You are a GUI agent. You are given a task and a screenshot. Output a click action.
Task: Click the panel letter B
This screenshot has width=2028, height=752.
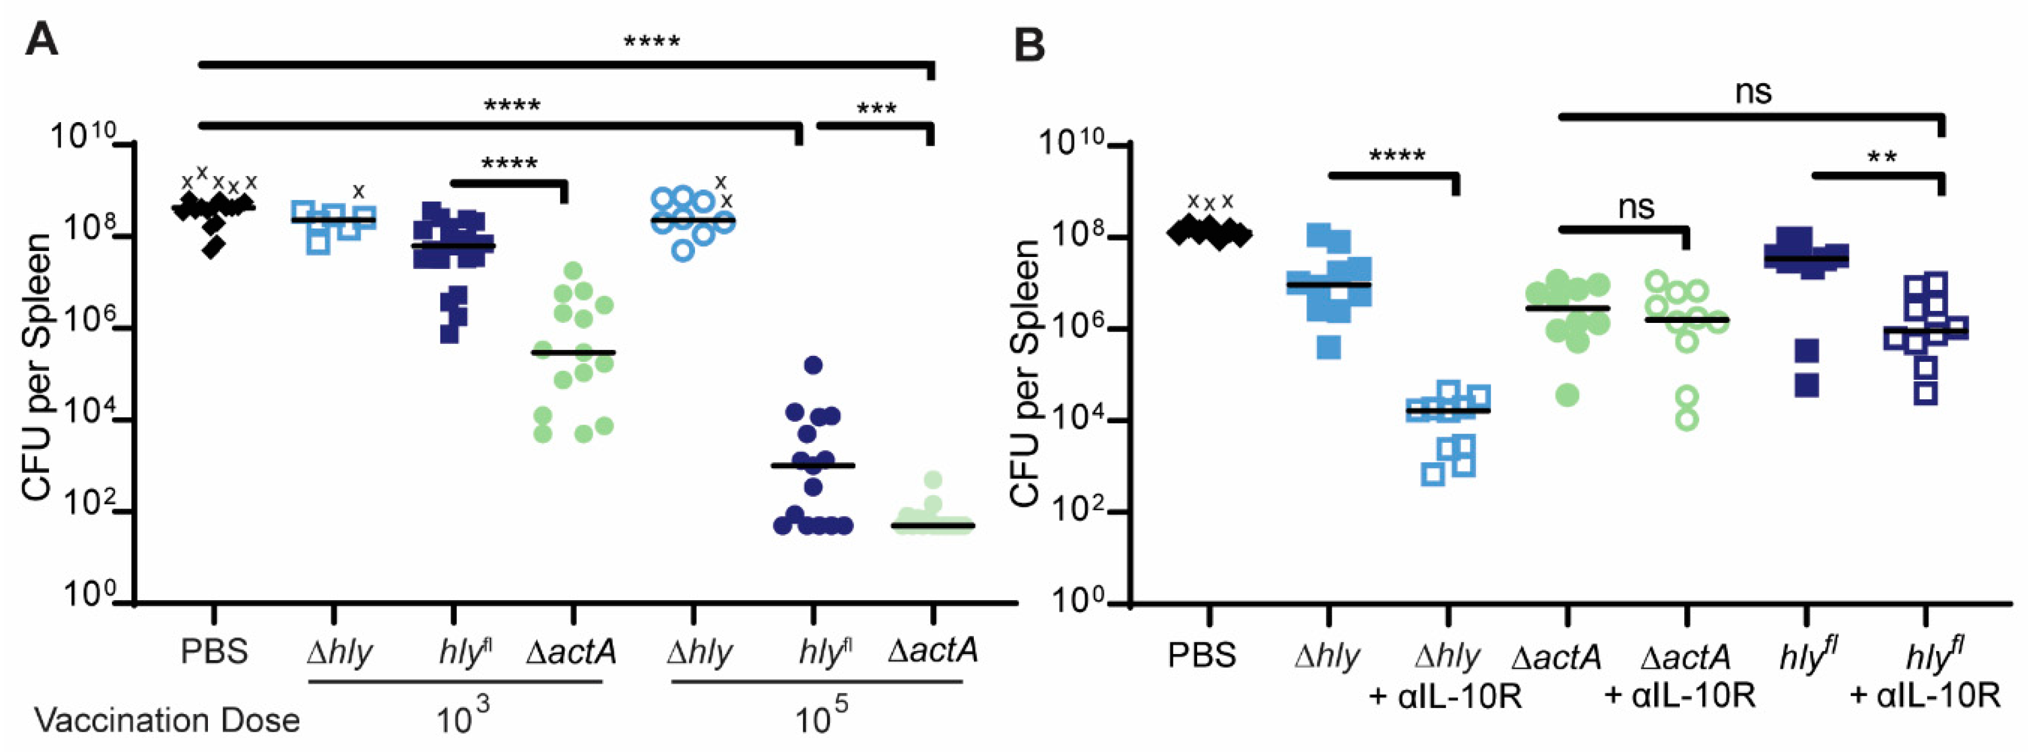coord(1029,45)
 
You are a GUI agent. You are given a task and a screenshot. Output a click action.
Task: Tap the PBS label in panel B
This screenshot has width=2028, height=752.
coord(1202,655)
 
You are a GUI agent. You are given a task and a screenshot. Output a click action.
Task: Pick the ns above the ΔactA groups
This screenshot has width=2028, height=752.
coord(1636,207)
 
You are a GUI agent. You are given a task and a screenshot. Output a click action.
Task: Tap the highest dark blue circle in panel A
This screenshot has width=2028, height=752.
coord(813,365)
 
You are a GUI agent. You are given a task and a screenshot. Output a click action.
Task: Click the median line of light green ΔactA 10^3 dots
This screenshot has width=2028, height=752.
coord(573,352)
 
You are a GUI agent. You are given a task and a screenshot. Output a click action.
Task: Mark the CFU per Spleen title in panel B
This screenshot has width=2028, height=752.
coord(1025,374)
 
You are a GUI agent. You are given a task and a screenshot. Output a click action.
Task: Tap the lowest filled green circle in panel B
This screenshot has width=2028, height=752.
coord(1567,394)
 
